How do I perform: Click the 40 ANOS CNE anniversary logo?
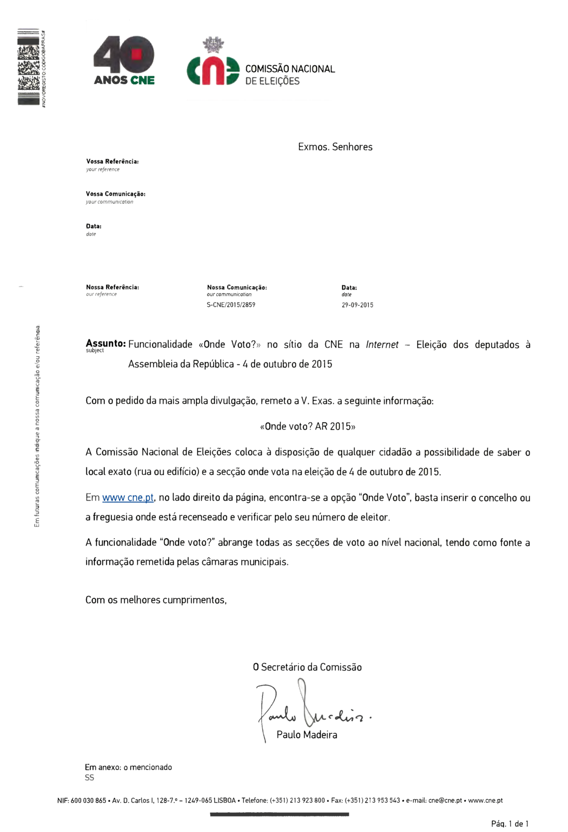(124, 60)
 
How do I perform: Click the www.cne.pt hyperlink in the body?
(128, 498)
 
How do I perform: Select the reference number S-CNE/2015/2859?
(231, 305)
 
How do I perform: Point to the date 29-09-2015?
(357, 305)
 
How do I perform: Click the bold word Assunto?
(105, 344)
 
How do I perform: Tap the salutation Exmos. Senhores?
(335, 147)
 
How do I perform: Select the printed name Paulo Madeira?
(307, 735)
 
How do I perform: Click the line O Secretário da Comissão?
(307, 667)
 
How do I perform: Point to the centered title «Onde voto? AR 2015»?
(308, 426)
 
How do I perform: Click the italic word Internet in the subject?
(382, 345)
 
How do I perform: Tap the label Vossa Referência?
(112, 162)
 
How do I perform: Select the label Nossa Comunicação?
(236, 288)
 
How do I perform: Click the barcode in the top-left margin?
(29, 67)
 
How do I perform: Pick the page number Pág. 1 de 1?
(509, 824)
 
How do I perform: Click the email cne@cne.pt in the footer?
(445, 800)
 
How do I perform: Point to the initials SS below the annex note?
(89, 778)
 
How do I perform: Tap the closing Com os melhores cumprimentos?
(156, 600)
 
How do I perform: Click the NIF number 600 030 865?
(88, 800)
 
